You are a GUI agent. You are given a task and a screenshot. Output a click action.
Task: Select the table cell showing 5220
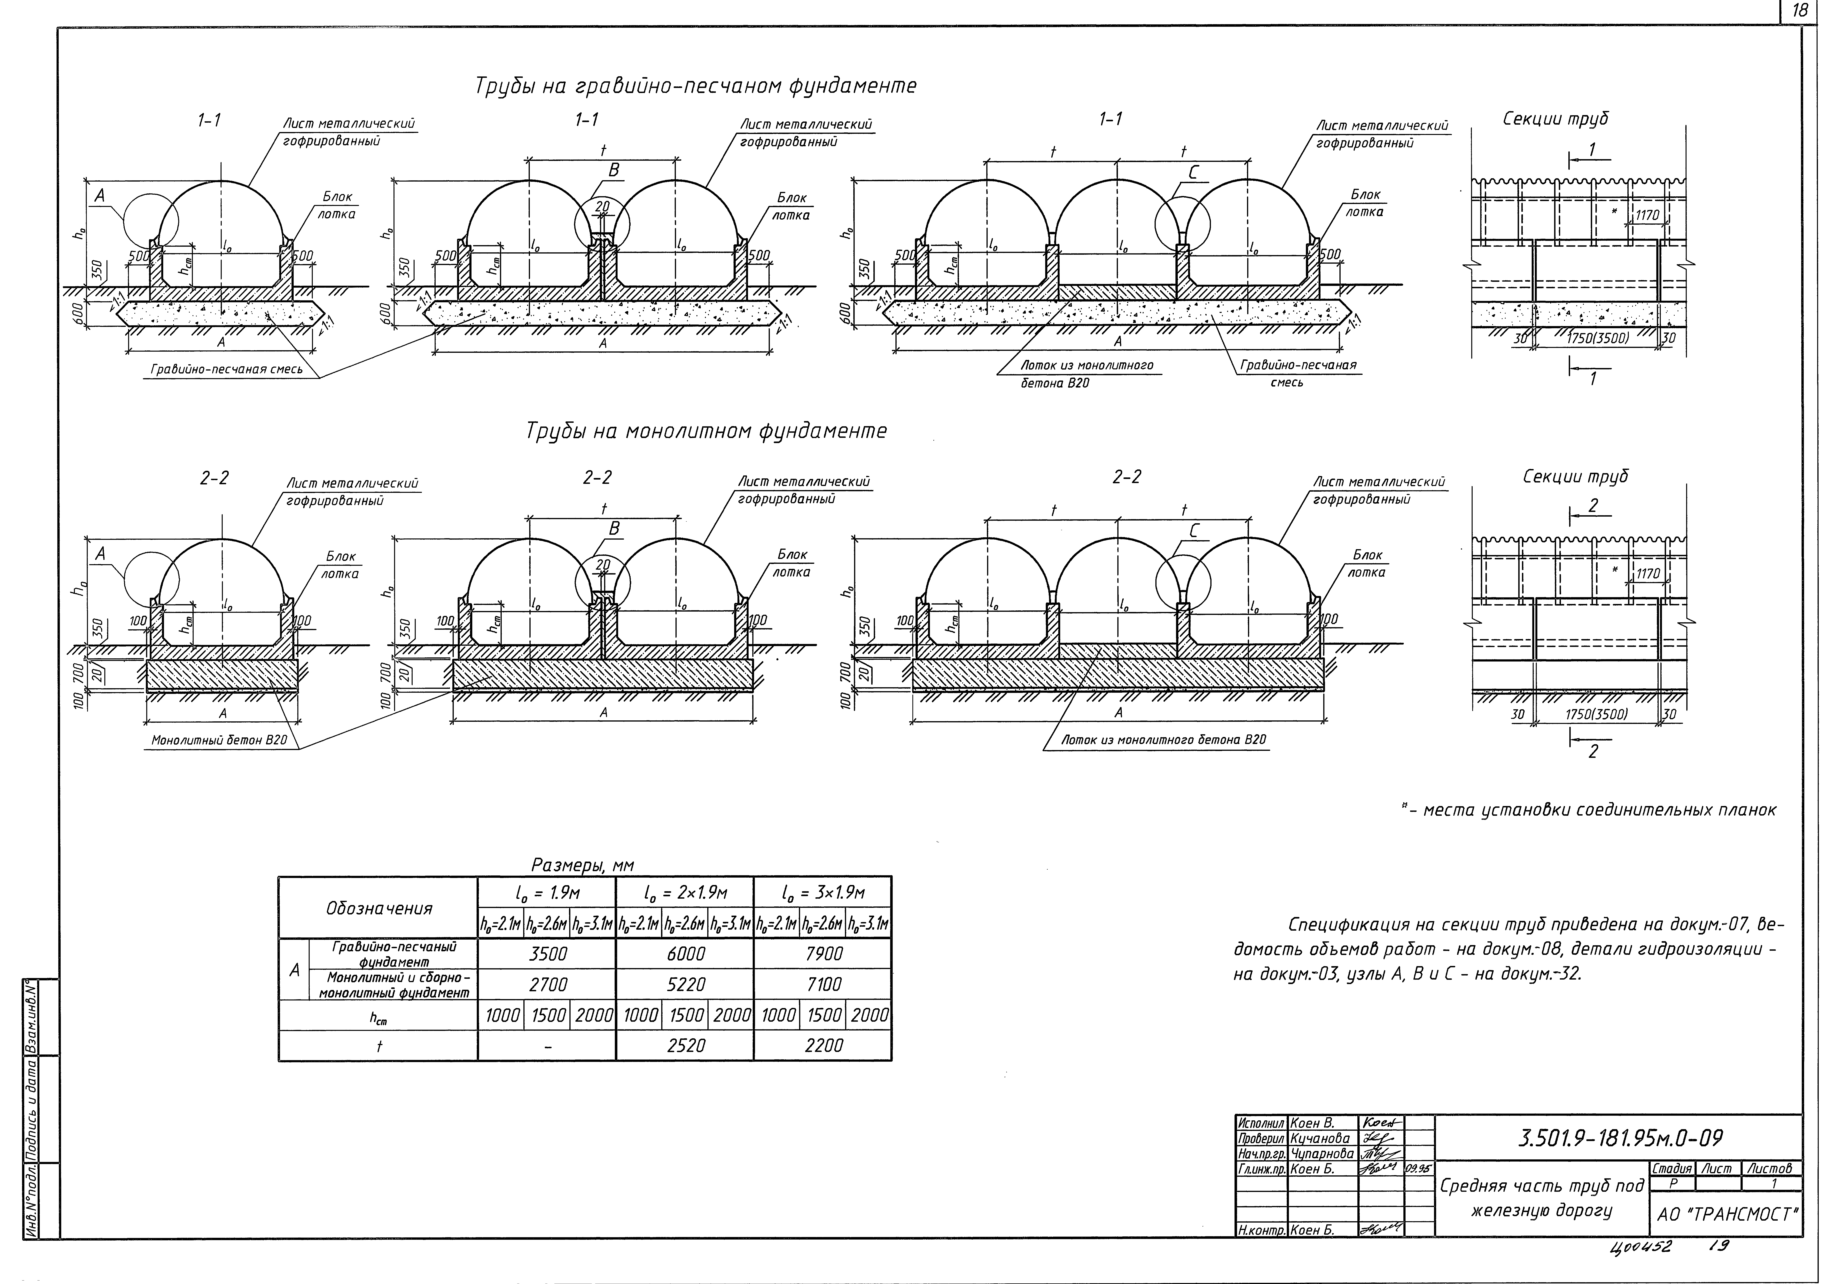pos(686,984)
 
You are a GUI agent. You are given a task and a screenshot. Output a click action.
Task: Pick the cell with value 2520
pos(686,1046)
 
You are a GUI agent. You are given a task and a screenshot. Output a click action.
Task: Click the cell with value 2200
pos(823,1046)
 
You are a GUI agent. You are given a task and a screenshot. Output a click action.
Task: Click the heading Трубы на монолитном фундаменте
pos(705,431)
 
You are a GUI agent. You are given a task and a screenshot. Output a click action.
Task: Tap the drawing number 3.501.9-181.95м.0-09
pos(1621,1139)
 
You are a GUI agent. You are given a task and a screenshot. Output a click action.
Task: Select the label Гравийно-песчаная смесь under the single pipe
pos(227,370)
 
